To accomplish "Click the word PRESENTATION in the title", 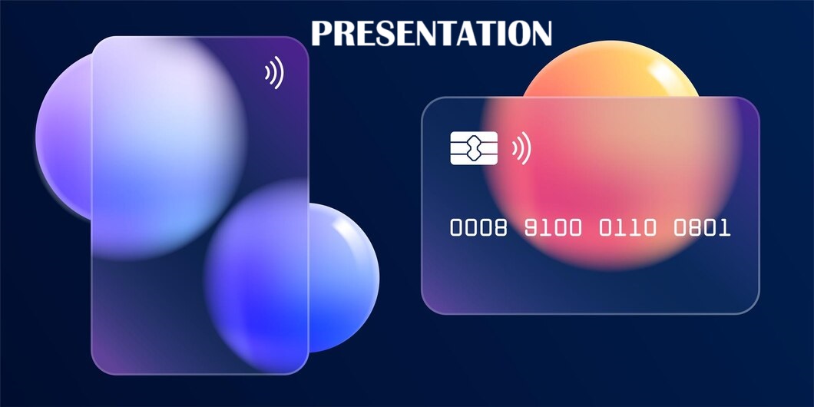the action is [431, 33].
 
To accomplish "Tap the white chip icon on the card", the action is [474, 148].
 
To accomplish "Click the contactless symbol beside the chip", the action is [521, 148].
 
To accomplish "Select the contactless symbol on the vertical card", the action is [274, 73].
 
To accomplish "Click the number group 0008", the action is [478, 228].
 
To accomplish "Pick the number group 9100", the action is [553, 228].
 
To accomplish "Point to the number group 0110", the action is [627, 228].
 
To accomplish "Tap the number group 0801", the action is [702, 228].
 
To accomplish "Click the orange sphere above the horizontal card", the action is [610, 70].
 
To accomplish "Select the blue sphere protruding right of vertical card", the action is [342, 278].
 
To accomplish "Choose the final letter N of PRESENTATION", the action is [539, 33].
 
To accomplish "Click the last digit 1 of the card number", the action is [725, 228].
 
